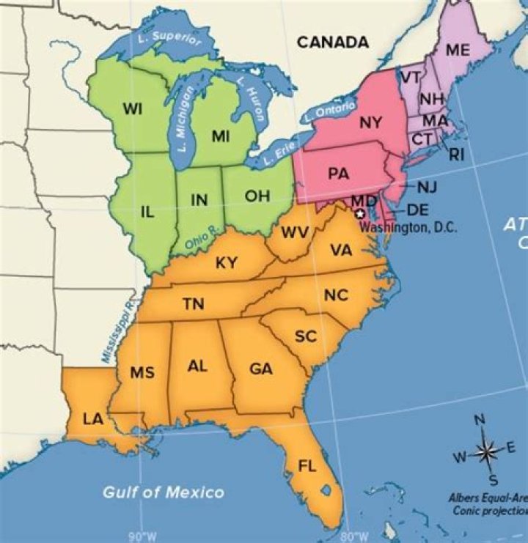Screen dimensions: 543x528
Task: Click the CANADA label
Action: click(332, 43)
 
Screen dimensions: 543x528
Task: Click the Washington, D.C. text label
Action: click(408, 227)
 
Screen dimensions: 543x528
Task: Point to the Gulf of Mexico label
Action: click(163, 491)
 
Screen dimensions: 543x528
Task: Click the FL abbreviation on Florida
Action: click(308, 465)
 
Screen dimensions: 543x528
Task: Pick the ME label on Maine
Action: click(457, 50)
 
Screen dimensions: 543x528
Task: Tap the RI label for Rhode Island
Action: click(456, 154)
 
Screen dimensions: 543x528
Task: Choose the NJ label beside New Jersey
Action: click(427, 185)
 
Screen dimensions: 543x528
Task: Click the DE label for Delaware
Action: click(417, 210)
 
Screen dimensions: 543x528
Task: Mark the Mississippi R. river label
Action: click(118, 329)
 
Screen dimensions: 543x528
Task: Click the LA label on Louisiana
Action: click(92, 418)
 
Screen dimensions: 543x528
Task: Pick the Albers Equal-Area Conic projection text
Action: click(488, 503)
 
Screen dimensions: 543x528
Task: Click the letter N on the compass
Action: click(481, 420)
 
